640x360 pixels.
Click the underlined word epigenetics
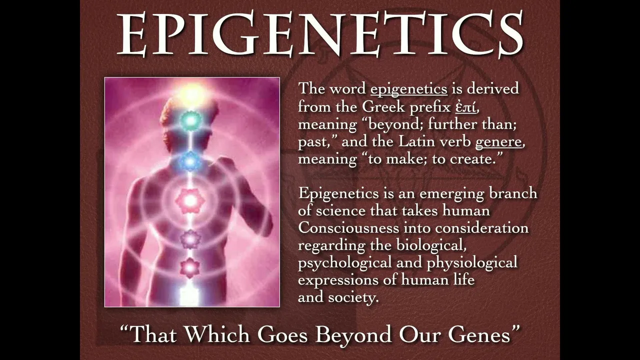[x=409, y=89]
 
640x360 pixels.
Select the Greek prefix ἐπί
[x=465, y=107]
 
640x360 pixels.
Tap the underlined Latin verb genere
[x=498, y=142]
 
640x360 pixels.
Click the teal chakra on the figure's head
[x=190, y=120]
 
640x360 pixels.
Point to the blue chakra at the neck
[x=189, y=161]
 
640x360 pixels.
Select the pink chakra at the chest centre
[x=189, y=201]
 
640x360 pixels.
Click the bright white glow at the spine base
[x=189, y=295]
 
